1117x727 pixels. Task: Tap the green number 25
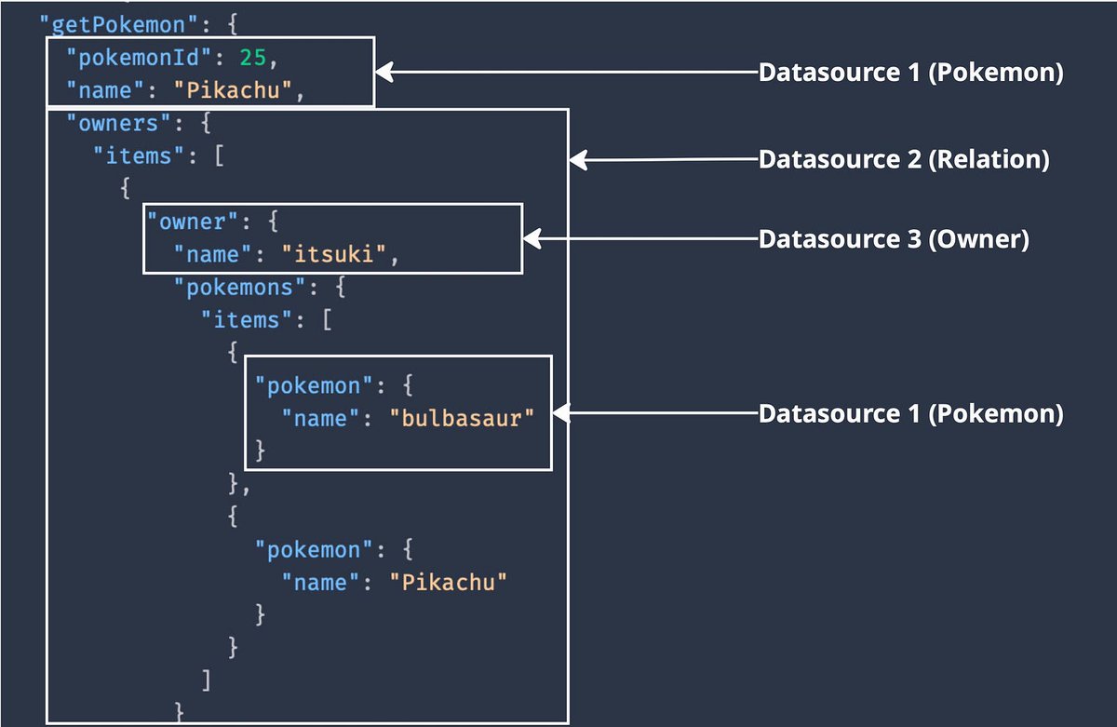pyautogui.click(x=252, y=59)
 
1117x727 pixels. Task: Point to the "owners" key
pyautogui.click(x=113, y=124)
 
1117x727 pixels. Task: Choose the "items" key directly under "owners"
pyautogui.click(x=140, y=156)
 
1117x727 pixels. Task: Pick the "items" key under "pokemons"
pyautogui.click(x=248, y=319)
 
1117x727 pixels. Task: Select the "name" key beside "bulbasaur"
pyautogui.click(x=320, y=419)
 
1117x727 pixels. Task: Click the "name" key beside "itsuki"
pyautogui.click(x=213, y=254)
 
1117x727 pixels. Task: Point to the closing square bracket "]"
pyautogui.click(x=206, y=680)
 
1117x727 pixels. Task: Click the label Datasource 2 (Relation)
pyautogui.click(x=904, y=160)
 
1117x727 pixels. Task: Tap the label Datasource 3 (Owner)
pyautogui.click(x=894, y=239)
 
